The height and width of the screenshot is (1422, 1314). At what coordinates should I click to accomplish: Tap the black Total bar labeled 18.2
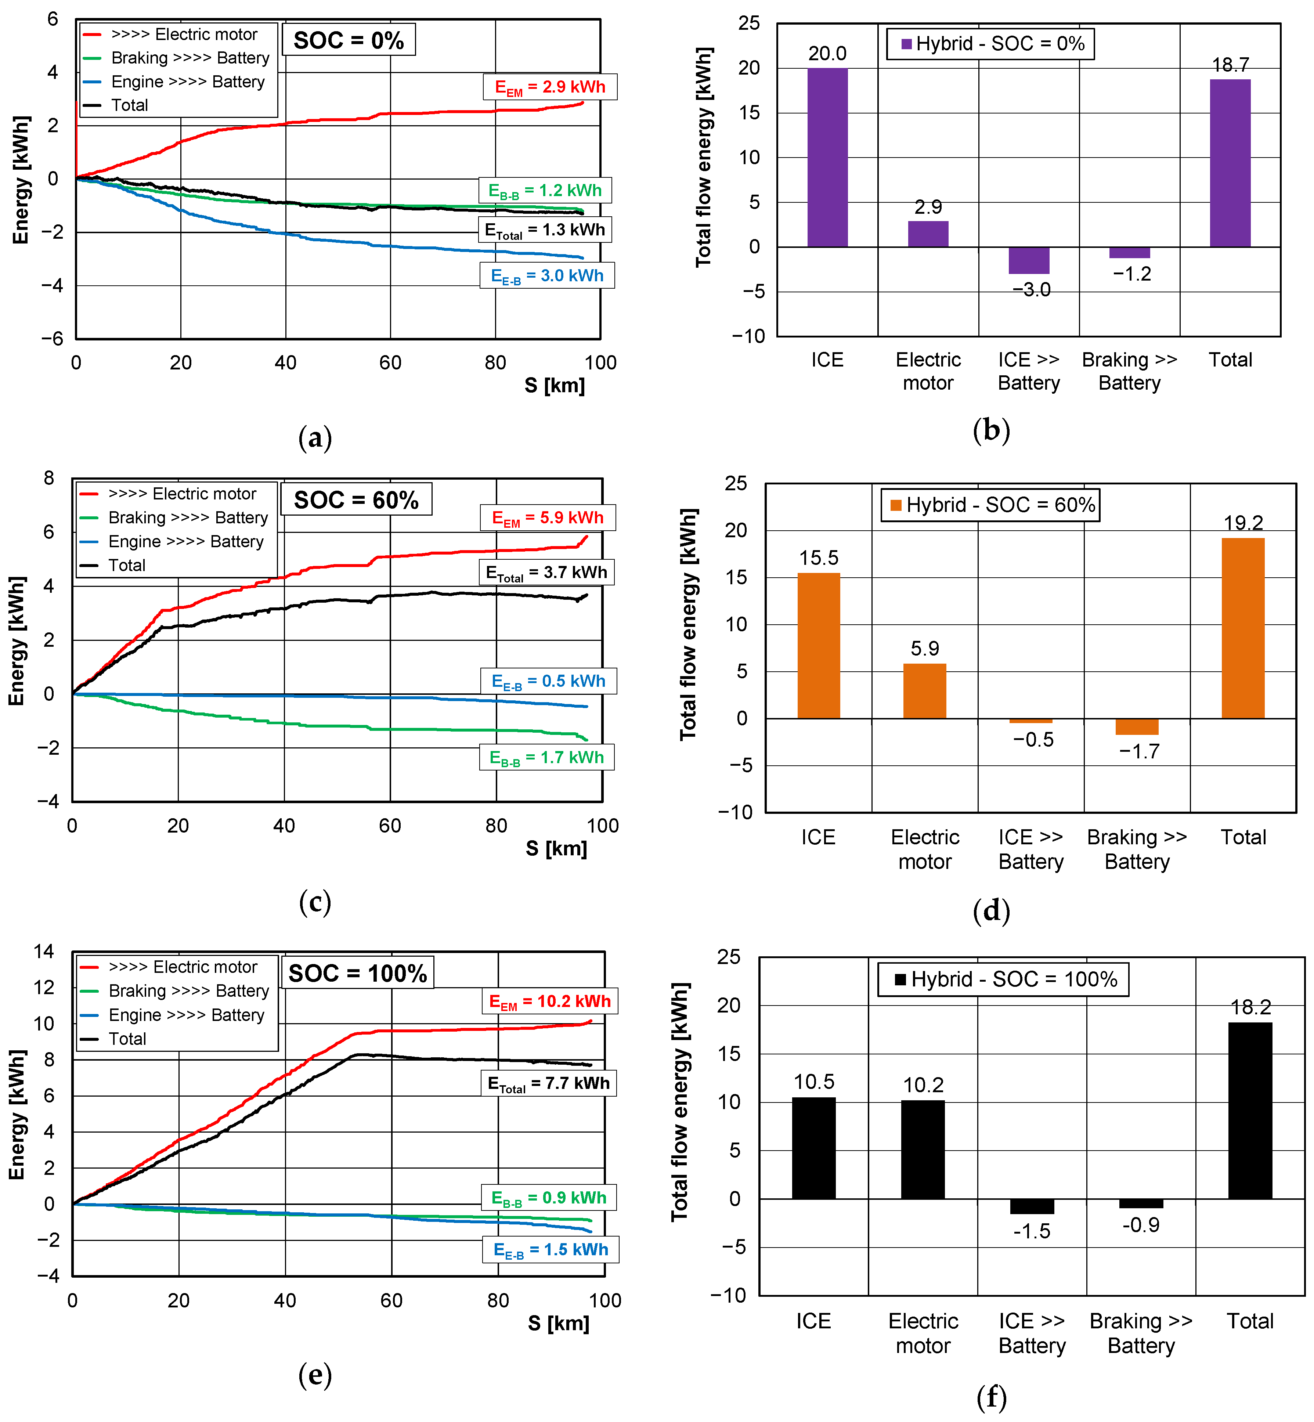[1250, 1111]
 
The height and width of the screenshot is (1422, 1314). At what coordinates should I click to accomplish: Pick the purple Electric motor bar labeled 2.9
[928, 234]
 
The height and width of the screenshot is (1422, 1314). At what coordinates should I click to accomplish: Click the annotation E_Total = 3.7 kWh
[546, 572]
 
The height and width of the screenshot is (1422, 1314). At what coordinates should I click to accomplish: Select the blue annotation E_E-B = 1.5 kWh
[551, 1249]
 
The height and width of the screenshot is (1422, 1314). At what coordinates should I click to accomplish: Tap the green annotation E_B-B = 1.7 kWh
[547, 757]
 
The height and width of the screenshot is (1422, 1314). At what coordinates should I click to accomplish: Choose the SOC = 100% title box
[358, 972]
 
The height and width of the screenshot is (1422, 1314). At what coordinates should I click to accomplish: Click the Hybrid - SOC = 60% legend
[990, 505]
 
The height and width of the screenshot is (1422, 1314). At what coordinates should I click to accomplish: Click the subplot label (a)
[315, 437]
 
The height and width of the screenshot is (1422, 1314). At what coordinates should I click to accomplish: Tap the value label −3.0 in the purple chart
[1031, 289]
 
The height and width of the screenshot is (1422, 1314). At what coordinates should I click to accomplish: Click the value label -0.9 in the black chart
[1141, 1224]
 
